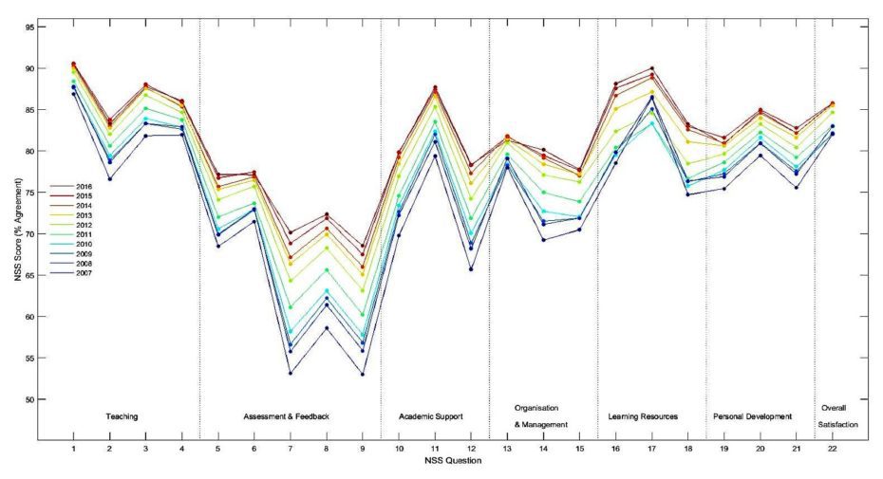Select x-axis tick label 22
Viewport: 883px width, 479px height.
(833, 450)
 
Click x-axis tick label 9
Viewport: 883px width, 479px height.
(362, 450)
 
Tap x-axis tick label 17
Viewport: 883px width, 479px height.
(652, 450)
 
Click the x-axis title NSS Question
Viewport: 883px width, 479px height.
(452, 462)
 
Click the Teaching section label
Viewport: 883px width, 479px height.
(122, 417)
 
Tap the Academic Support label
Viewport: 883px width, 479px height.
(431, 417)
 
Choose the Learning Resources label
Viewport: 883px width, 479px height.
(643, 417)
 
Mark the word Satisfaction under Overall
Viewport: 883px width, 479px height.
(838, 425)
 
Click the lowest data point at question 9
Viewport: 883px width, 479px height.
(362, 375)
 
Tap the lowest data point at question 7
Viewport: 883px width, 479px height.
(290, 374)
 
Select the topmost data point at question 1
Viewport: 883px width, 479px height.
(73, 64)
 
